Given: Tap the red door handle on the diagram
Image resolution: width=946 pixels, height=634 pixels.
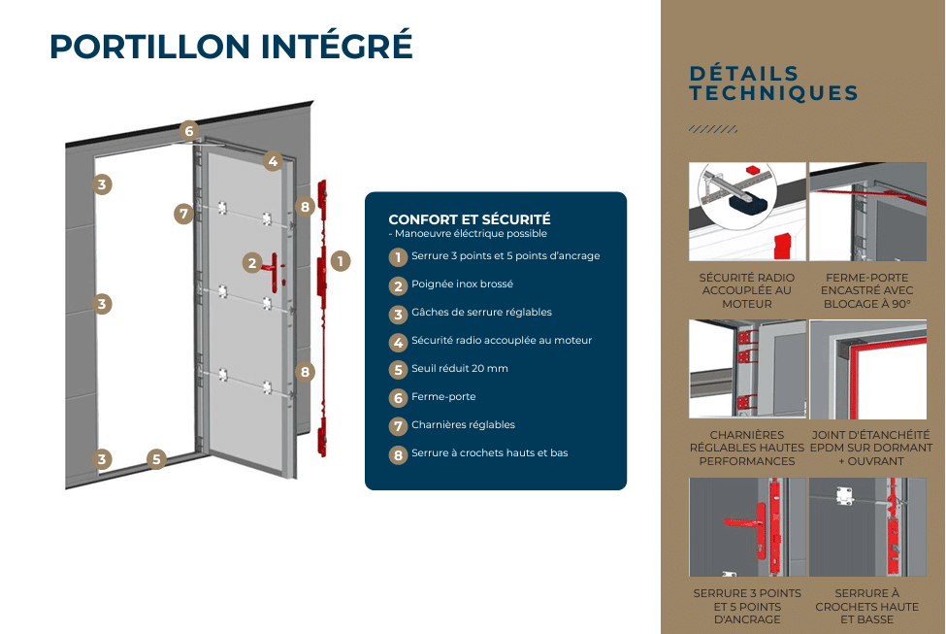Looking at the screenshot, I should pyautogui.click(x=276, y=265).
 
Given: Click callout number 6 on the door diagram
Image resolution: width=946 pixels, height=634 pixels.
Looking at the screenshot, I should pyautogui.click(x=189, y=131).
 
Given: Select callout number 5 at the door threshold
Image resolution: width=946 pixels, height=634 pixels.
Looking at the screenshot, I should pyautogui.click(x=156, y=459).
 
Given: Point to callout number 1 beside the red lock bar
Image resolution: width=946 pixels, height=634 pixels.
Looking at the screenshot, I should pyautogui.click(x=340, y=260).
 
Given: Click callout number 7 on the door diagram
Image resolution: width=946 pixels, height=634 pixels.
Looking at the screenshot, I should pyautogui.click(x=184, y=214).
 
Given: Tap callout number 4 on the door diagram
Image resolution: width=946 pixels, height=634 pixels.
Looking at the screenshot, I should pyautogui.click(x=273, y=162).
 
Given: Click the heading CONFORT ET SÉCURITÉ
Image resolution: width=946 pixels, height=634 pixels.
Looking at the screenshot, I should pyautogui.click(x=470, y=219).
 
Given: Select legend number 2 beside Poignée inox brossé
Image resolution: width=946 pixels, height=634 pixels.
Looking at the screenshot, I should pyautogui.click(x=398, y=285).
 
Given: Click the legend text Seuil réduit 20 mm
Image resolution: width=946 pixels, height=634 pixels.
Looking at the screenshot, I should pyautogui.click(x=459, y=369).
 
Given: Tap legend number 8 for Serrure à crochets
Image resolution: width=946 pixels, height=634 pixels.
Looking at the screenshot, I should pyautogui.click(x=398, y=454).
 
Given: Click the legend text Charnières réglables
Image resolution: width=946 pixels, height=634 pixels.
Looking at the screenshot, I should pyautogui.click(x=463, y=425).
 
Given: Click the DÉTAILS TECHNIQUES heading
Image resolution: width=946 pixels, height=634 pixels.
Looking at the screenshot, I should pyautogui.click(x=773, y=83).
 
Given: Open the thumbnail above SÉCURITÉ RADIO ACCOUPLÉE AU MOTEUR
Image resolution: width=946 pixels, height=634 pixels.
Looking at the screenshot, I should pyautogui.click(x=747, y=212).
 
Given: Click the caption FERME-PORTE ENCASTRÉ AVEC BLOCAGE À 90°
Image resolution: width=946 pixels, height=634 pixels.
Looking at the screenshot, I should pyautogui.click(x=867, y=290).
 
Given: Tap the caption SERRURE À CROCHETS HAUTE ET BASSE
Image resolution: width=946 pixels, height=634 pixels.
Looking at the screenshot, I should pyautogui.click(x=867, y=606).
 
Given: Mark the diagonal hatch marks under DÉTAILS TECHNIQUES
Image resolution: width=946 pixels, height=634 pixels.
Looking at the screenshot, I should pyautogui.click(x=712, y=129).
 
